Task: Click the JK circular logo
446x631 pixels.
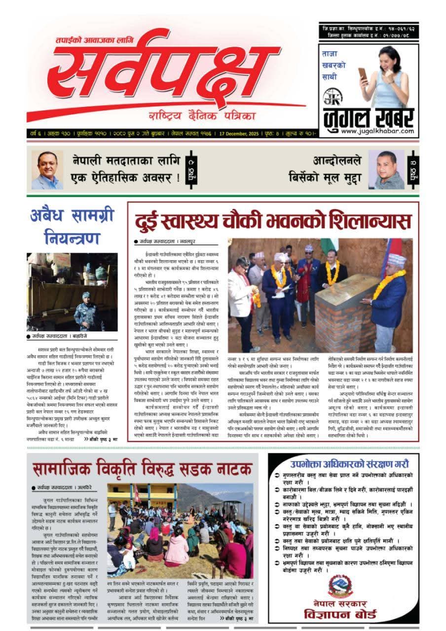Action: (x=332, y=96)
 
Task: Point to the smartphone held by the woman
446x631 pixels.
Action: (x=363, y=74)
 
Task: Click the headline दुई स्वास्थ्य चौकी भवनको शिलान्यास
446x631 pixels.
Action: (x=273, y=221)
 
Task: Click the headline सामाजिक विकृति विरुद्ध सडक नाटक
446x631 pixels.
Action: (x=143, y=469)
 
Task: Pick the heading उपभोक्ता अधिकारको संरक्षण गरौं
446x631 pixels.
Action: (x=349, y=464)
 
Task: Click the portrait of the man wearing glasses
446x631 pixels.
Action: (x=47, y=170)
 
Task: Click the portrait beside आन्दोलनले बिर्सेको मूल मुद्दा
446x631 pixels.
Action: (x=386, y=170)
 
